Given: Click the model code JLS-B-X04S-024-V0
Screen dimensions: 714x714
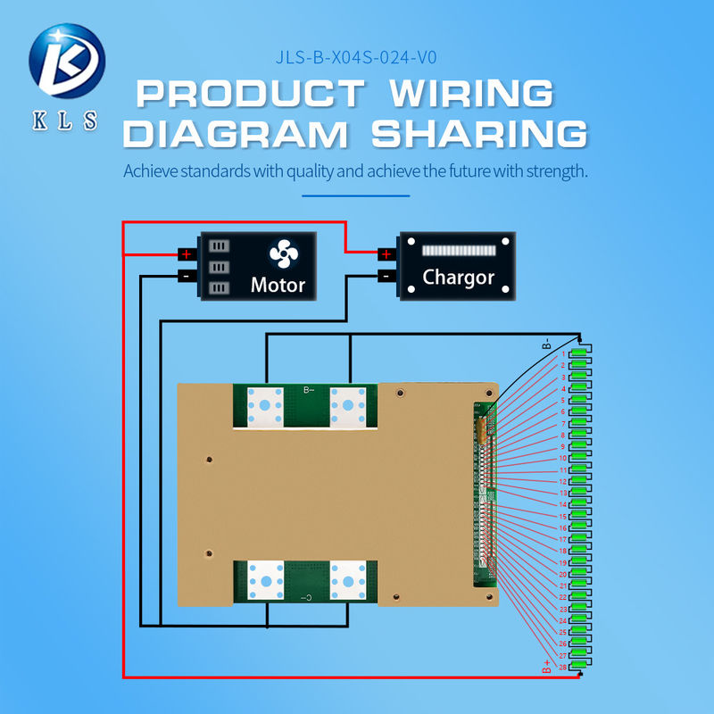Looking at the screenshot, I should coord(356,60).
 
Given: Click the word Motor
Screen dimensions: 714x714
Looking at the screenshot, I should coord(278,285).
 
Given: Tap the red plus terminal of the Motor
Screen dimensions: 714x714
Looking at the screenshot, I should coord(187,254).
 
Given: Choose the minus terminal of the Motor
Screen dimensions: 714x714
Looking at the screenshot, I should coord(187,276).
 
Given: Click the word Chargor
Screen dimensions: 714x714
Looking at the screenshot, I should coord(458,277).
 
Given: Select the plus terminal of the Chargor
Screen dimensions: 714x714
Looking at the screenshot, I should coord(386,254).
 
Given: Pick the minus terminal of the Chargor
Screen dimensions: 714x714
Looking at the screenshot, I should coord(386,276).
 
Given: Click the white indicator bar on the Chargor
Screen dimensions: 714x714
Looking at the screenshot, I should coord(458,251).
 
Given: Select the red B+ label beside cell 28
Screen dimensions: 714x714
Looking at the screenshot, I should coord(546,664).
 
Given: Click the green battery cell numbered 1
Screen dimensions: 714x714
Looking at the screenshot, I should coord(580,354).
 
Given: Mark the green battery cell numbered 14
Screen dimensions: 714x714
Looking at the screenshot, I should coord(580,504).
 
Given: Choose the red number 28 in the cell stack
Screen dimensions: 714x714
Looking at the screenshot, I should coord(563,667).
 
